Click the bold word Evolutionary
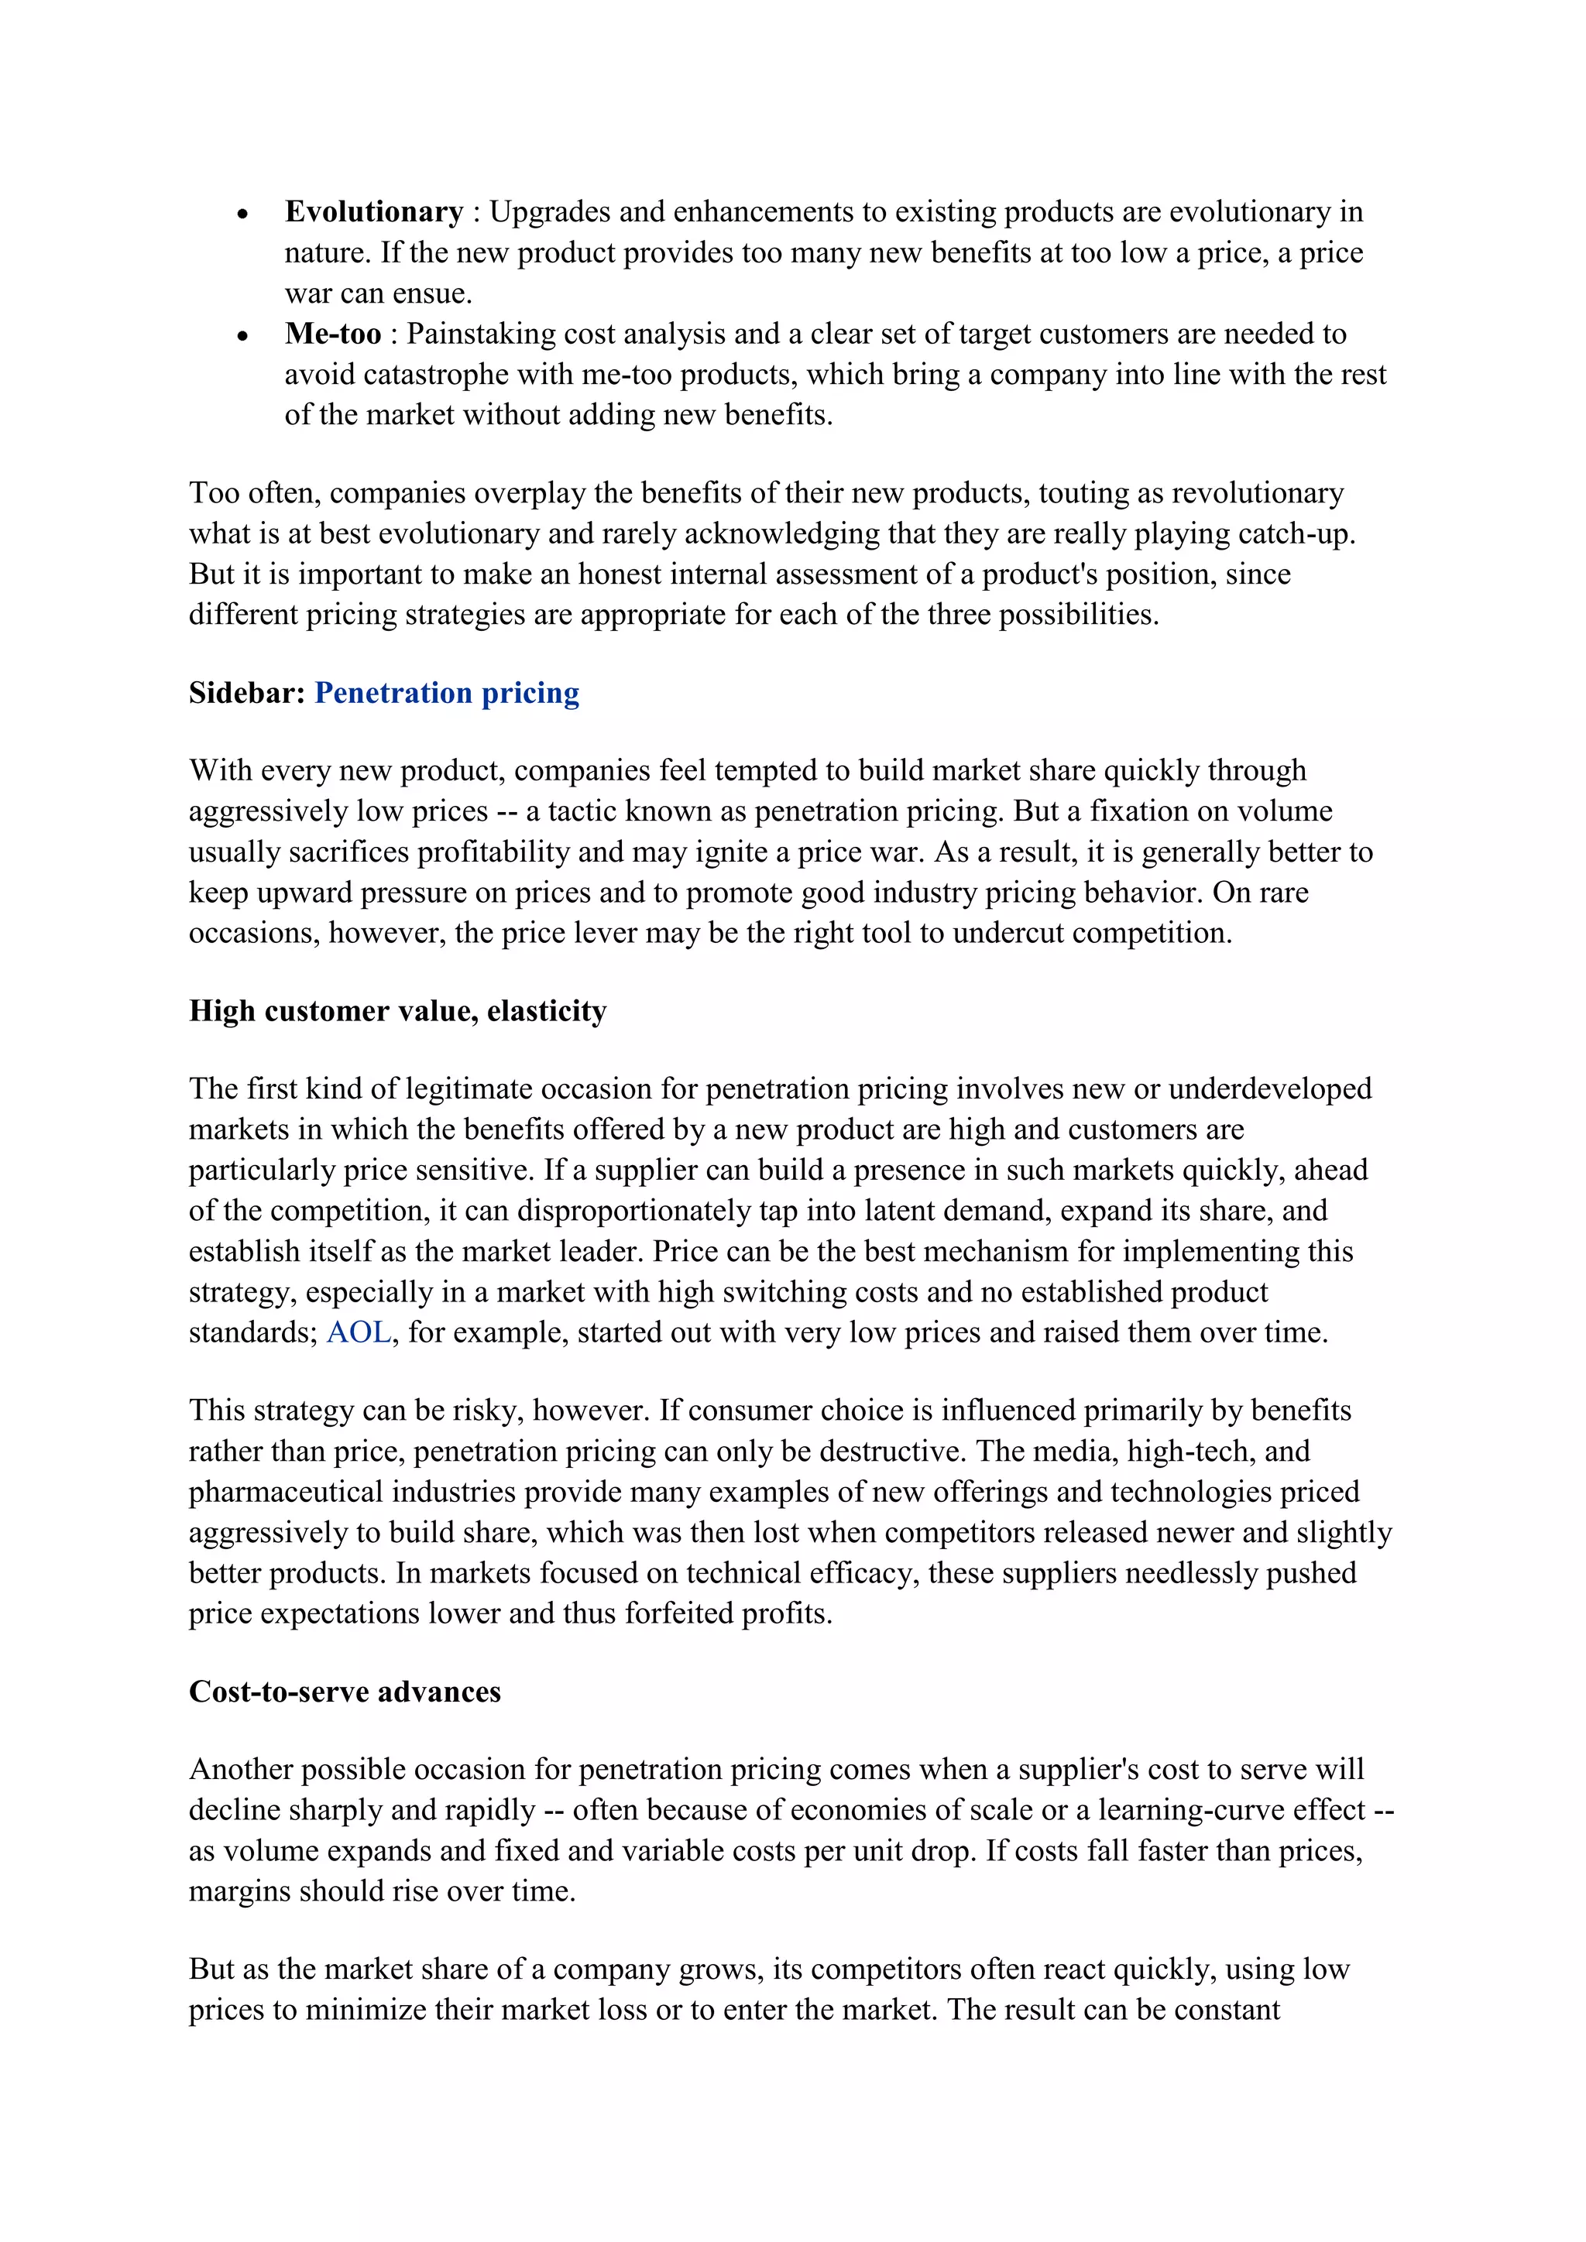[x=373, y=212]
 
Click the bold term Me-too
[x=333, y=334]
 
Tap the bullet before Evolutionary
[x=243, y=214]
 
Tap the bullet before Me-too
[x=243, y=336]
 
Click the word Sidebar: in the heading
[x=248, y=694]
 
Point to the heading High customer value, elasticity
[x=397, y=1010]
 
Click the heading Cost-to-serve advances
[x=345, y=1692]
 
